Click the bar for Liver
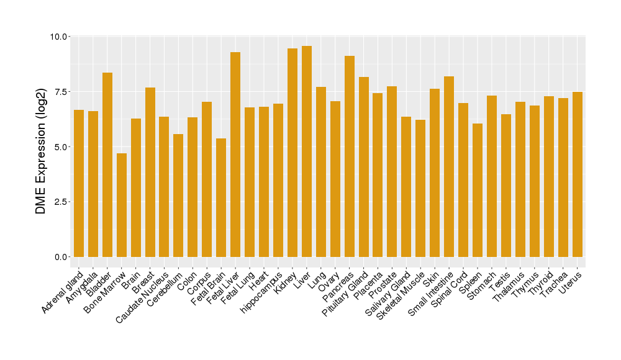[307, 151]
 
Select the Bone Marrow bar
[122, 205]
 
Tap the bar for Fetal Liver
[235, 155]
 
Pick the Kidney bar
[292, 153]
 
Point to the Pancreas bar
[350, 156]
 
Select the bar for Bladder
[107, 164]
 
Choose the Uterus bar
[578, 174]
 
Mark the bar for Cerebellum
[178, 196]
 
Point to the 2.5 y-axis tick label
[61, 202]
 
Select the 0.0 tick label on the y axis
[61, 257]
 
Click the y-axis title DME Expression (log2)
[41, 146]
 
